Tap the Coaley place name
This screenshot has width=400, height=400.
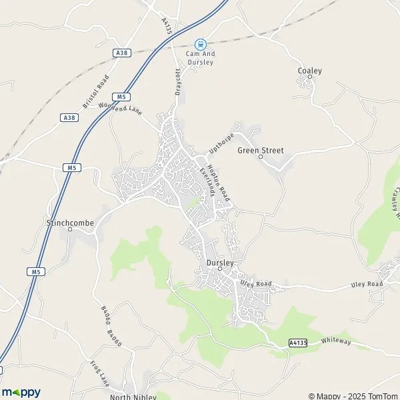310,71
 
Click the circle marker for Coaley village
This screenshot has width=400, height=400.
309,78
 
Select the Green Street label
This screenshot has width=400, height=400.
261,151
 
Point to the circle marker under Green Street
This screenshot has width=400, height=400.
261,157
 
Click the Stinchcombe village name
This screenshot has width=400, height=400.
70,223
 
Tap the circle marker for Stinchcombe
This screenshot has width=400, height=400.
70,229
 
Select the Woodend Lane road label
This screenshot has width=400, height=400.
120,107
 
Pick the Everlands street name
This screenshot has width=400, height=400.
207,181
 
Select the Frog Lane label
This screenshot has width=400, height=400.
100,374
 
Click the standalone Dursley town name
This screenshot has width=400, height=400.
220,263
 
